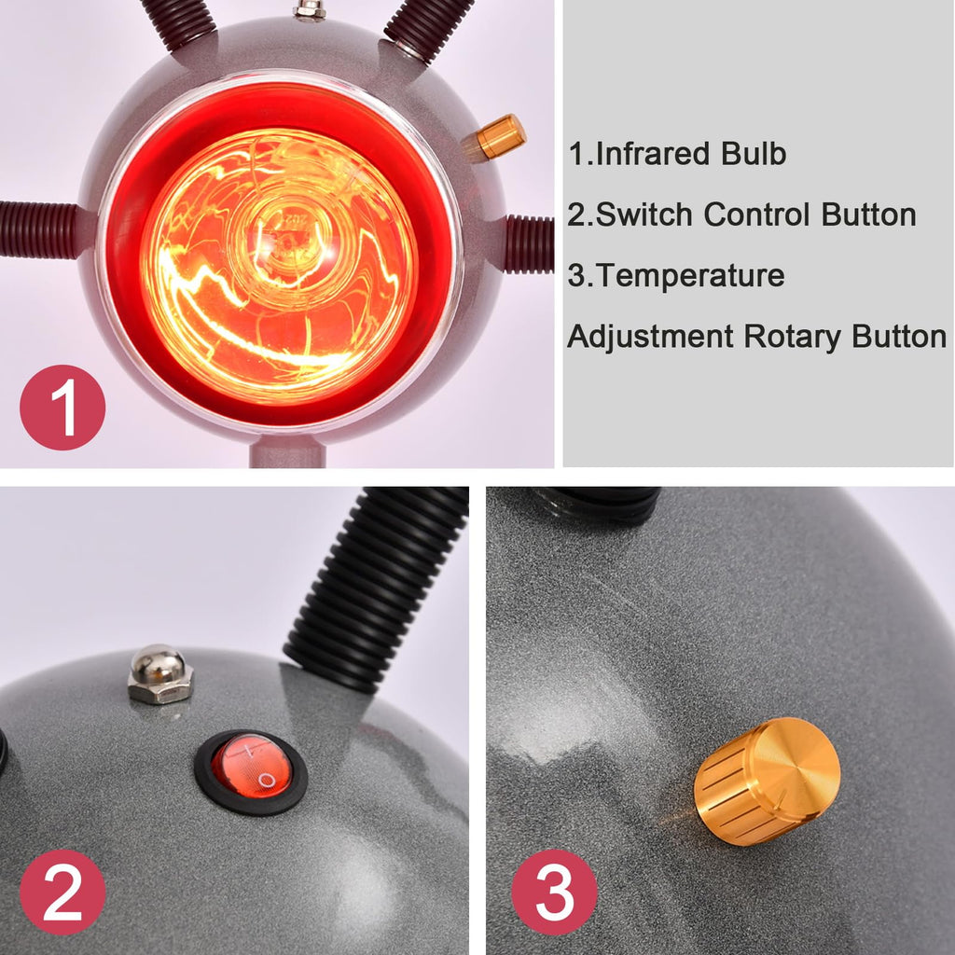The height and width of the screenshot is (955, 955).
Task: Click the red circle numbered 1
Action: pos(62,408)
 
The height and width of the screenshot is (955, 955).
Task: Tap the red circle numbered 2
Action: pos(62,893)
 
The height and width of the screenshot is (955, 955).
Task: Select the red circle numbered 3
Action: pos(554,893)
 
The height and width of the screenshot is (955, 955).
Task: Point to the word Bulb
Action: pos(754,154)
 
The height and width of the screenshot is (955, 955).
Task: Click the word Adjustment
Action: pos(650,337)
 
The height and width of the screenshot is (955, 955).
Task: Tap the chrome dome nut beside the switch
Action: pos(160,674)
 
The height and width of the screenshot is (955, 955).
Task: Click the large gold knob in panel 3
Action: pos(768,781)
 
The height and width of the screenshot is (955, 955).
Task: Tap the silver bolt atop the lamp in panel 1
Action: pos(310,9)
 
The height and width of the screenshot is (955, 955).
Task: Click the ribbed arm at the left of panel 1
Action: pos(40,229)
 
